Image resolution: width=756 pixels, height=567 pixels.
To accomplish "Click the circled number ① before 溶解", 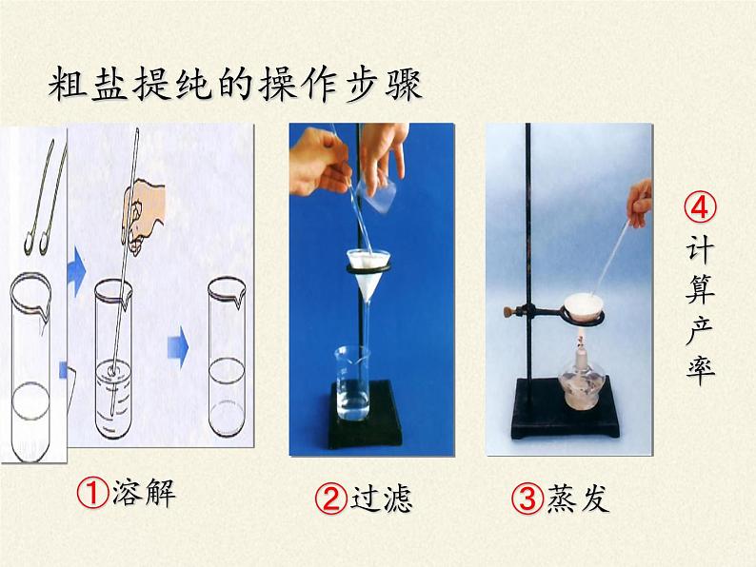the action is pos(92,493).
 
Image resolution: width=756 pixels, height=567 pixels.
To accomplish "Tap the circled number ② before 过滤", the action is pos(331,499).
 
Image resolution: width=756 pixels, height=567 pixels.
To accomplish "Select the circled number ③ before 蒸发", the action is pos(527,499).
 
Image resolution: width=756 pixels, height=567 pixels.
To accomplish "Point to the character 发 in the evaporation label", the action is pos(593,499).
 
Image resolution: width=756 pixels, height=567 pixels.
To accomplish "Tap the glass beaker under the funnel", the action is pos(353,383).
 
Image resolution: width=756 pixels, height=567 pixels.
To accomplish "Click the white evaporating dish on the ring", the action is pos(584,308).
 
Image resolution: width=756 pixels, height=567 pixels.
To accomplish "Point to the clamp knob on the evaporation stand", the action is pos(508,311).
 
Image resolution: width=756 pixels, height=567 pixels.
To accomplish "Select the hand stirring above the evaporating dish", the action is pos(640,203).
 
